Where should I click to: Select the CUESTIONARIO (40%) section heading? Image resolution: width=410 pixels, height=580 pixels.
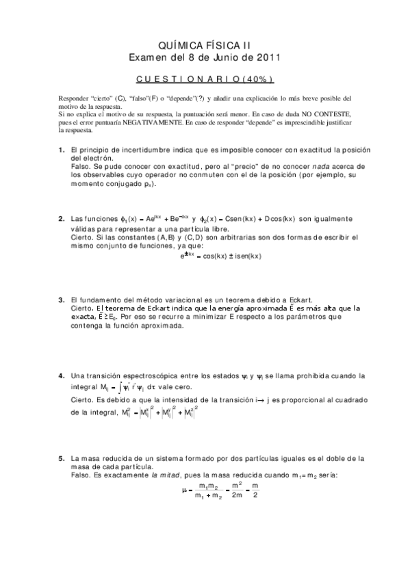[x=205, y=79]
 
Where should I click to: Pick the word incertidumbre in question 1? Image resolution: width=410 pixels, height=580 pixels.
[x=150, y=150]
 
